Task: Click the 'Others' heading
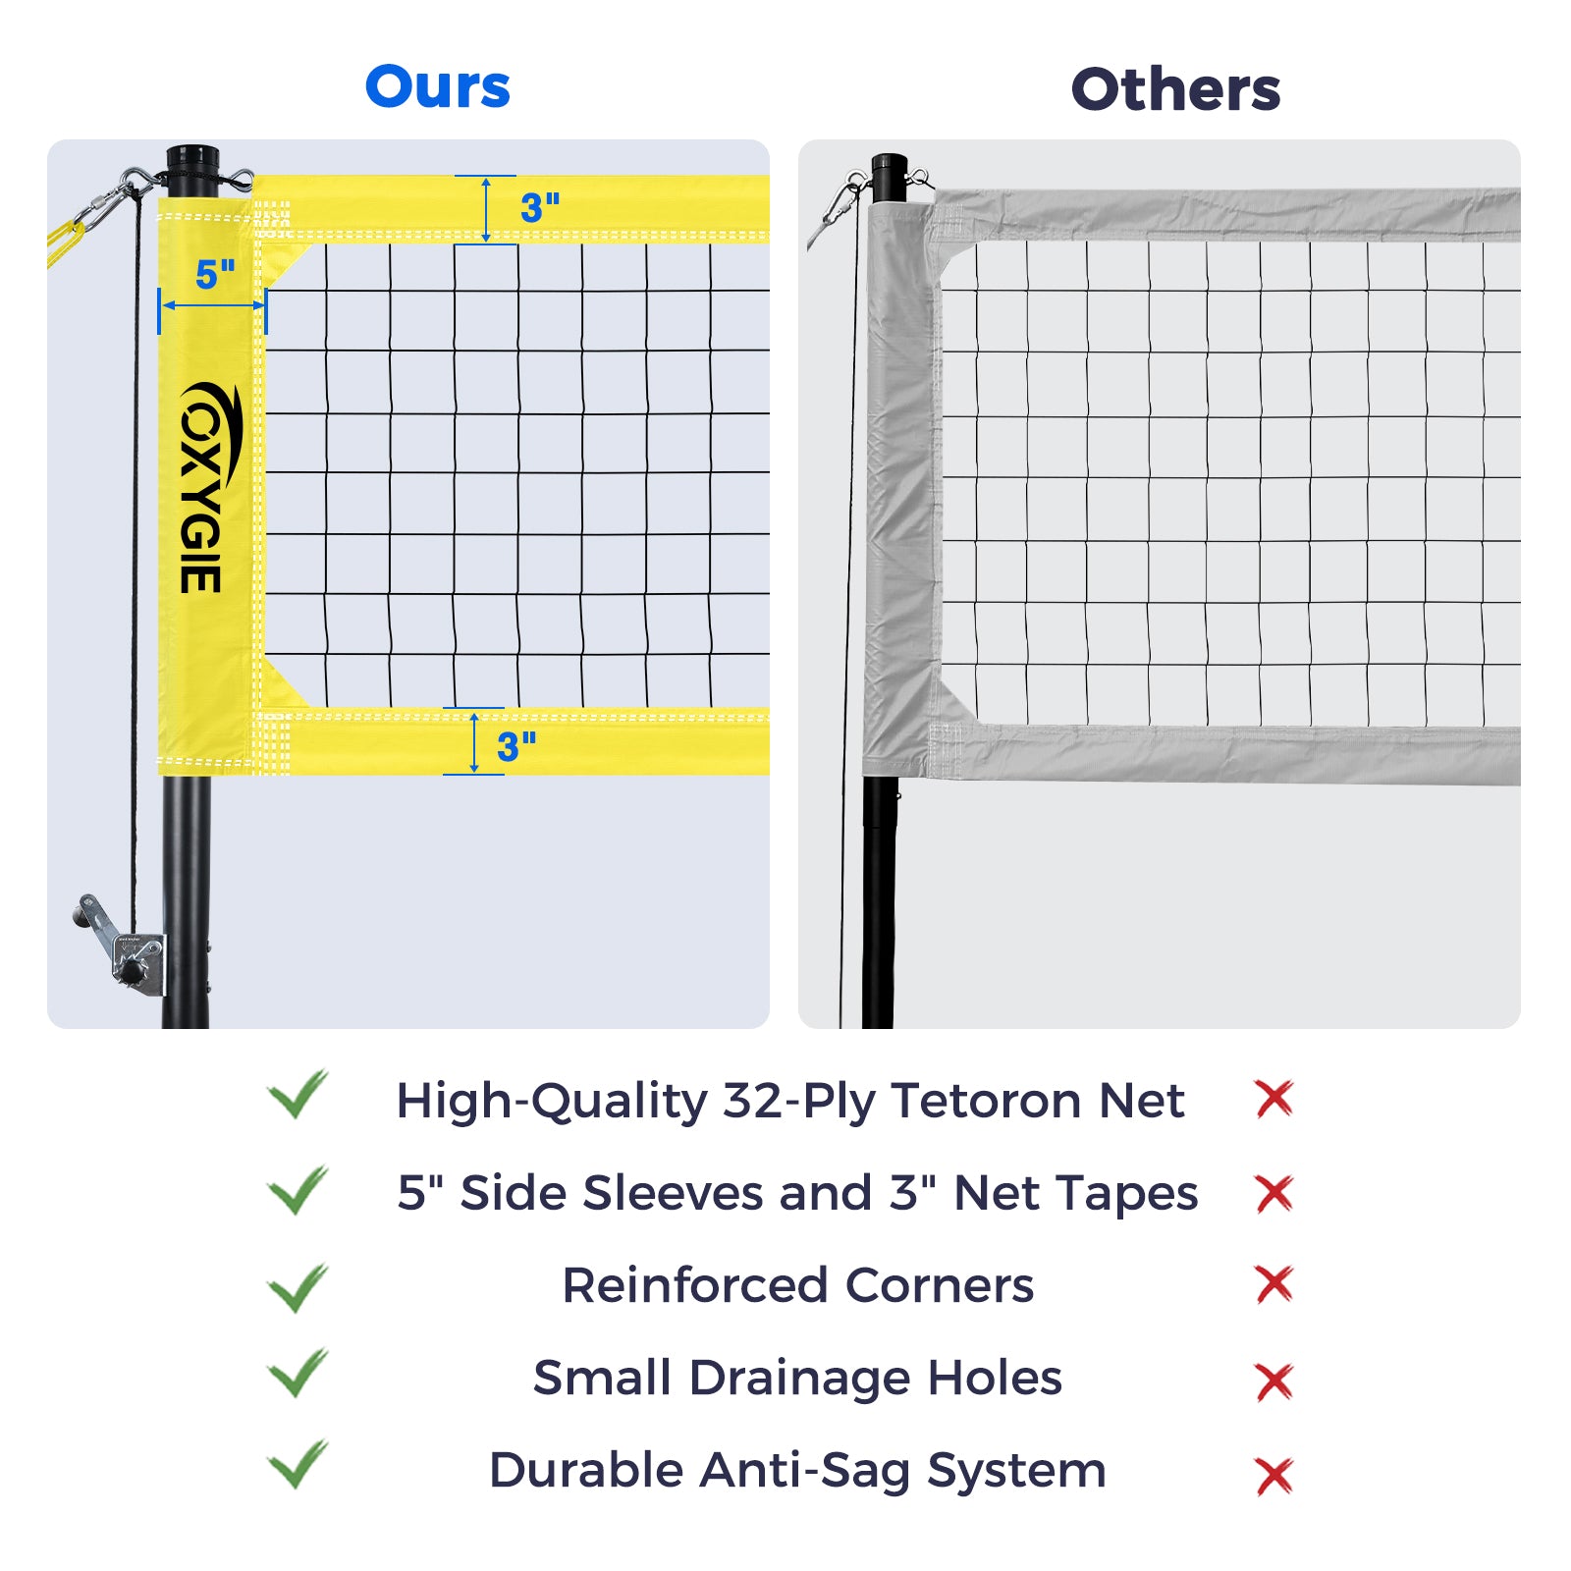click(1175, 89)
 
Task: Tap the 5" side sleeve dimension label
click(215, 275)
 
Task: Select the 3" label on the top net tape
click(540, 207)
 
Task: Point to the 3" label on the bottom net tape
click(516, 747)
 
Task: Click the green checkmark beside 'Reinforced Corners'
click(298, 1287)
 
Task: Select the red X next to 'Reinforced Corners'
click(1274, 1284)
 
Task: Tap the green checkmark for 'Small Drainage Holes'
click(298, 1373)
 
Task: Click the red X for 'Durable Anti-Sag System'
click(1274, 1476)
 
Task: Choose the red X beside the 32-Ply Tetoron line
click(1274, 1099)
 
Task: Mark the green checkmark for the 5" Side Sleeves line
click(298, 1190)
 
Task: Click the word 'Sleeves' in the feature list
click(673, 1193)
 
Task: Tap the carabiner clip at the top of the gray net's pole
click(840, 200)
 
